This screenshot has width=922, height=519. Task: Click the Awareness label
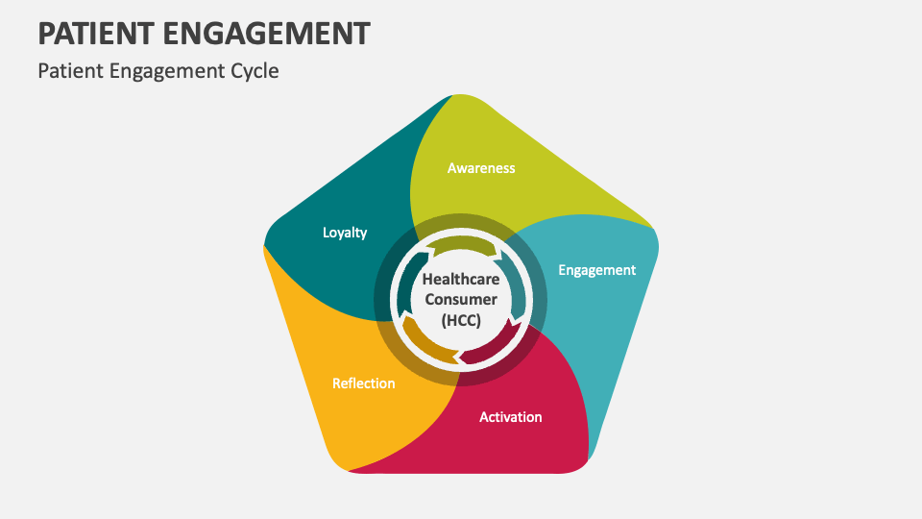[481, 168]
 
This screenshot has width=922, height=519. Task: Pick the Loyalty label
[345, 233]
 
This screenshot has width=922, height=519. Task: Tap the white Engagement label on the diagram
[596, 270]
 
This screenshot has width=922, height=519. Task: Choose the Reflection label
[363, 383]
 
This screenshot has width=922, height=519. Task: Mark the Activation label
[510, 417]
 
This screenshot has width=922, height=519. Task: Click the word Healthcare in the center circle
[460, 278]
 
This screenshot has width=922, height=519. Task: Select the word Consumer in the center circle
[460, 299]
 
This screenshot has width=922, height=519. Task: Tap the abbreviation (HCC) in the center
[460, 320]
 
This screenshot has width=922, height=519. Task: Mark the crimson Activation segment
[538, 442]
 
